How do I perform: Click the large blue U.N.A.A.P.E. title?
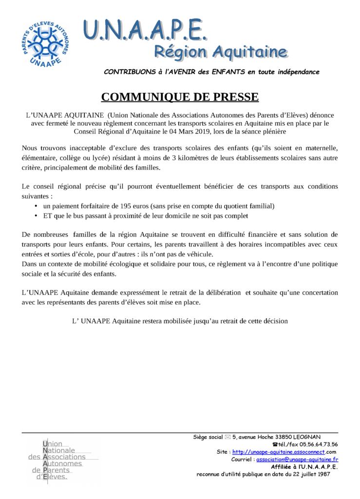[x=145, y=30]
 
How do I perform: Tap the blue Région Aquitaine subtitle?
[x=220, y=51]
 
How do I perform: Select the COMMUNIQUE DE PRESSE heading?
[x=180, y=97]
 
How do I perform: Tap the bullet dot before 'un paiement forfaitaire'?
[x=36, y=206]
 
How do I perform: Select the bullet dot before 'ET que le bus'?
[x=36, y=215]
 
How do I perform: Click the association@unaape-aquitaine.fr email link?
[x=297, y=459]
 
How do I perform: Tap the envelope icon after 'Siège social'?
[x=227, y=437]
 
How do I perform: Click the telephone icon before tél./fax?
[x=275, y=444]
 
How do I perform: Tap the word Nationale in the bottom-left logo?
[x=59, y=451]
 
